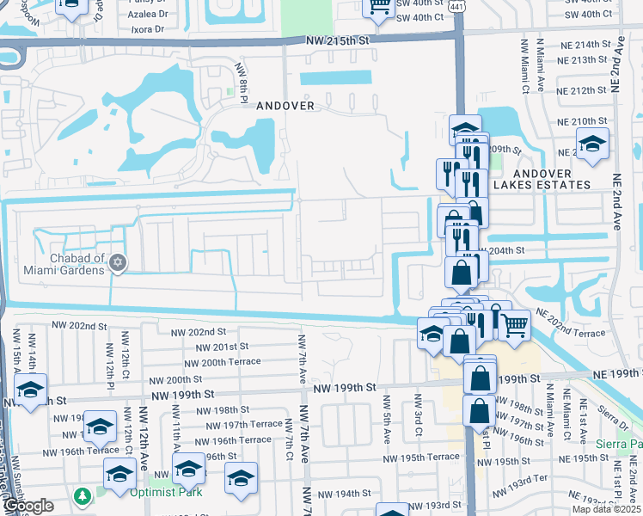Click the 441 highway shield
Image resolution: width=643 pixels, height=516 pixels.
tap(460, 6)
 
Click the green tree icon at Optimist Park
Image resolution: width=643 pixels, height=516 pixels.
tap(83, 497)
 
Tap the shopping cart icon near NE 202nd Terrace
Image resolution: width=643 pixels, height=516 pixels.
tap(514, 325)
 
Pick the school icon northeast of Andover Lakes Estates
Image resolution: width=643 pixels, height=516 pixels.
tap(592, 144)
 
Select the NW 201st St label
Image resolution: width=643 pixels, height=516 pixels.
tap(222, 347)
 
